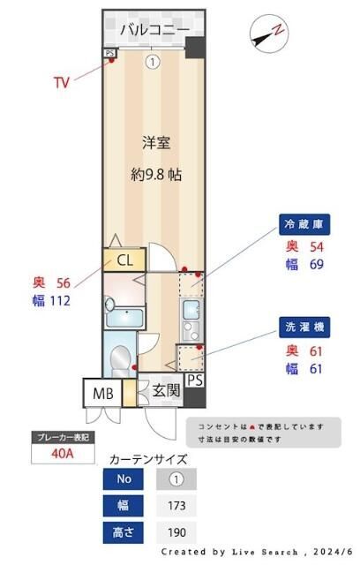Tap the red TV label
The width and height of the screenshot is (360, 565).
(x=61, y=83)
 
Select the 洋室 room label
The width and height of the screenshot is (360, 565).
(x=155, y=141)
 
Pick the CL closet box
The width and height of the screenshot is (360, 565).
(x=124, y=260)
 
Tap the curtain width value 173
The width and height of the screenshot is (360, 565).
(x=176, y=507)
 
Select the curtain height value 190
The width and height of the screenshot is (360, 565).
(x=176, y=534)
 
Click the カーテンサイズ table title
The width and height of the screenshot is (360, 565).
(x=147, y=459)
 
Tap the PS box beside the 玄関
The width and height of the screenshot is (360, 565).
(x=195, y=380)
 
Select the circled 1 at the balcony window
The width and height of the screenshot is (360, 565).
(x=153, y=62)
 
